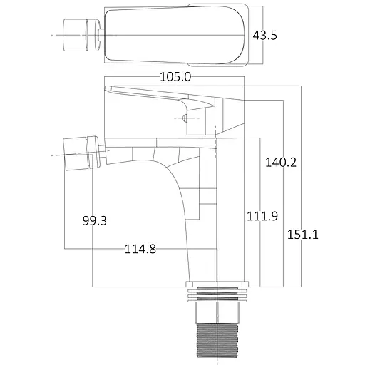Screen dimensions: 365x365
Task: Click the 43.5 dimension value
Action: click(x=264, y=36)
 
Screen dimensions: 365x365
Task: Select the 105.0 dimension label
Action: click(x=175, y=77)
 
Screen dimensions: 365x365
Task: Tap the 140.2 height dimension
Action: click(x=281, y=162)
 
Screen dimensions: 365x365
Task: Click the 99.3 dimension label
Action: click(x=94, y=221)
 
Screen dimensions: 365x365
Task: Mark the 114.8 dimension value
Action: click(x=140, y=249)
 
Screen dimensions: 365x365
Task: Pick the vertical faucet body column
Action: click(x=230, y=207)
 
